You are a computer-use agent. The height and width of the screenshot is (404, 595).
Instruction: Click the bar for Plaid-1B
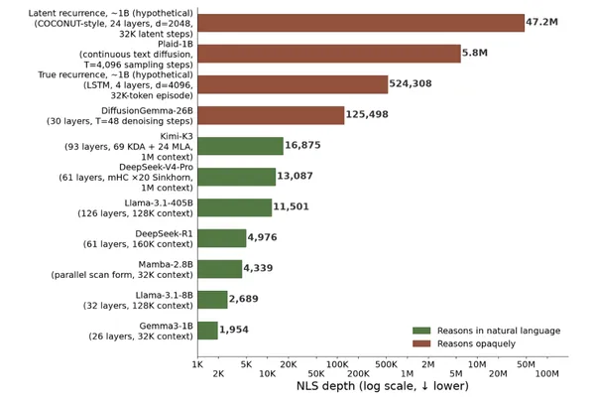click(x=329, y=54)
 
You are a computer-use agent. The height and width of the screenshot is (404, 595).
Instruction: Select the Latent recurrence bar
click(x=361, y=23)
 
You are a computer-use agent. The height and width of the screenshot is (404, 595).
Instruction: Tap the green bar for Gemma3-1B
click(x=207, y=331)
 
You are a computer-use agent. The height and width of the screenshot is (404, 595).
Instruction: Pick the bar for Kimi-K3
click(x=240, y=146)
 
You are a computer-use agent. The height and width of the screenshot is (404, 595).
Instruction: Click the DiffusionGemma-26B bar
click(x=271, y=115)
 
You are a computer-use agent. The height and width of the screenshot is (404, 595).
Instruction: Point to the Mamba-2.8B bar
click(x=220, y=269)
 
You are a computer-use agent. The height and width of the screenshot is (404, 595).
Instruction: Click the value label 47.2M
click(x=541, y=22)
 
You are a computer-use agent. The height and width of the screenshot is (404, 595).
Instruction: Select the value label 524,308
click(x=411, y=83)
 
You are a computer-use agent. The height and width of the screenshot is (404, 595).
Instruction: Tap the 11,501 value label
click(x=291, y=206)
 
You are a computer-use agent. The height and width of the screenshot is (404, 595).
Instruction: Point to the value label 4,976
click(x=262, y=237)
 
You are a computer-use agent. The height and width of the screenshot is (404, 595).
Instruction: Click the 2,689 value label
click(x=243, y=299)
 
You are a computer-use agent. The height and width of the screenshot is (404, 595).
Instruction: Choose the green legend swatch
click(x=421, y=331)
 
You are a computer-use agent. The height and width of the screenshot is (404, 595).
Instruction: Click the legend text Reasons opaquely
click(x=476, y=343)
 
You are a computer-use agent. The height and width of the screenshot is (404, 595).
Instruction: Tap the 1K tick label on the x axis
click(x=197, y=364)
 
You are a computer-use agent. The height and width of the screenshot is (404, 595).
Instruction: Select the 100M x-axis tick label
click(x=546, y=374)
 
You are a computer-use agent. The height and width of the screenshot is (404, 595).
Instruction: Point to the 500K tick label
click(x=387, y=364)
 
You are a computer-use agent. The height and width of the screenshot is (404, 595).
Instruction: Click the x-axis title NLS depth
click(x=383, y=386)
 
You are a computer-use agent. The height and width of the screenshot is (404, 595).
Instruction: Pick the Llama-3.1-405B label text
click(x=159, y=203)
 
